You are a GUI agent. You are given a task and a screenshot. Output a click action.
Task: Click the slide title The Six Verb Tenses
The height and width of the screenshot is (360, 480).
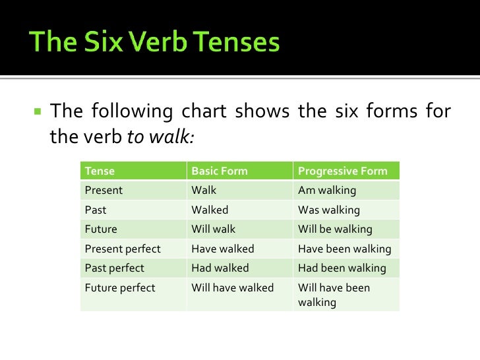pos(156,43)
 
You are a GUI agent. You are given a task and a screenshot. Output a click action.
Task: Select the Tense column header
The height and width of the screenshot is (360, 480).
pos(100,171)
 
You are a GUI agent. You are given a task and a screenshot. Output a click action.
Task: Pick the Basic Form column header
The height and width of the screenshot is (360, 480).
pos(219,171)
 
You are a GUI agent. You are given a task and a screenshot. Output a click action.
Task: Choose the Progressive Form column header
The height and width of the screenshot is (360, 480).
pos(342,171)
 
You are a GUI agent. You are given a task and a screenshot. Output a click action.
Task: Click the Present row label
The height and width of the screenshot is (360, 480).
pos(104,191)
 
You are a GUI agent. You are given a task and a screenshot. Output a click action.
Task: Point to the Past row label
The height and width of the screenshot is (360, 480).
pos(96,210)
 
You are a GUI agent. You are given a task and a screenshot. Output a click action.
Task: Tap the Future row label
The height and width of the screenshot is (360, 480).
pos(101,229)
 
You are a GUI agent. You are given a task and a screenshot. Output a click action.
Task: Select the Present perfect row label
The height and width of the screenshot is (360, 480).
pos(123,249)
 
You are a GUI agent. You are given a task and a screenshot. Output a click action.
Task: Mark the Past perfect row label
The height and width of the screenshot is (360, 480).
pos(115,268)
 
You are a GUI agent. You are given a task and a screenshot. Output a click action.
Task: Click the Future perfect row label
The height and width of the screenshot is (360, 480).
pos(120,288)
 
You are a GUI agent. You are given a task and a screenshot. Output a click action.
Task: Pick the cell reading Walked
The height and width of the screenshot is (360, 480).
pos(210,210)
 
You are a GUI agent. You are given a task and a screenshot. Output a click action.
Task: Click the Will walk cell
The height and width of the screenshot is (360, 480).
pos(213,229)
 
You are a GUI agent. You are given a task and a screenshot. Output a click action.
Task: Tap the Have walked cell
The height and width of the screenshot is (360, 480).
pos(222,249)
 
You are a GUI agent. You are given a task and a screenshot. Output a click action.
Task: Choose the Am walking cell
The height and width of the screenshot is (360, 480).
pos(327,191)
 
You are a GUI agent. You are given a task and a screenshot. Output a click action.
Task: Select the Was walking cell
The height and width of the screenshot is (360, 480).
pos(329,210)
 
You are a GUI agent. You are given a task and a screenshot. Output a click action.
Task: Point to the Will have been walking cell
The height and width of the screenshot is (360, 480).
pos(334,295)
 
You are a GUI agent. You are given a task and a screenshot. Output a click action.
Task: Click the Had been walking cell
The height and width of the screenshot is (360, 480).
pos(342,268)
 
